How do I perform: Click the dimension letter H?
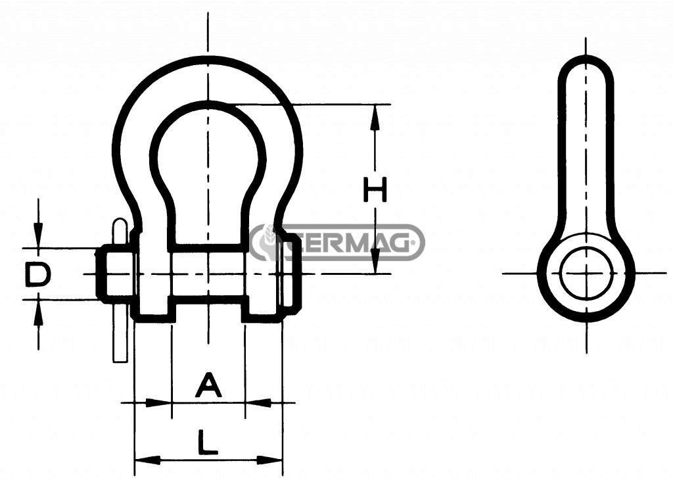pyautogui.click(x=375, y=189)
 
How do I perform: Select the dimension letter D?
pyautogui.click(x=37, y=274)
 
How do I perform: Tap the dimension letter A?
pyautogui.click(x=208, y=385)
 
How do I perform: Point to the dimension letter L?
pyautogui.click(x=208, y=443)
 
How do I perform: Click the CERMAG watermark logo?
pyautogui.click(x=337, y=243)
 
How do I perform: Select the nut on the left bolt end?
pyautogui.click(x=115, y=274)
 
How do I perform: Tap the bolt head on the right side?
pyautogui.click(x=292, y=274)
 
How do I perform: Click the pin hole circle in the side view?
pyautogui.click(x=586, y=274)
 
